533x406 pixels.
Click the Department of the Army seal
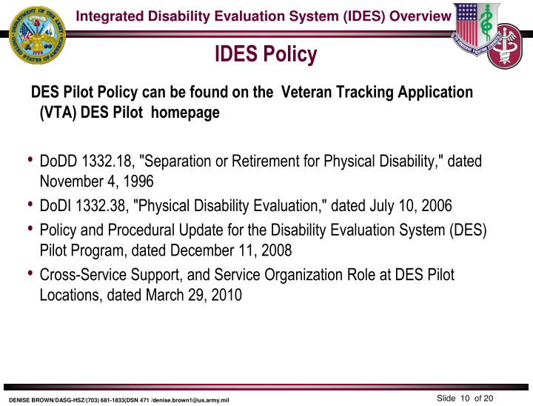click(36, 34)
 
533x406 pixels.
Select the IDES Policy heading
click(266, 54)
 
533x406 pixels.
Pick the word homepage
click(191, 113)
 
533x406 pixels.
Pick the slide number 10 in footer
click(465, 399)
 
